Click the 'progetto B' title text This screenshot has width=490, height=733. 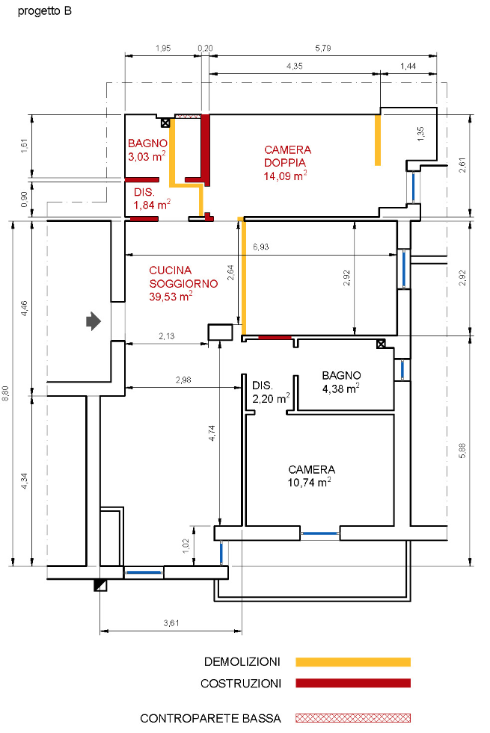click(x=45, y=12)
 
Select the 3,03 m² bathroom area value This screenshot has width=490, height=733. click(x=147, y=157)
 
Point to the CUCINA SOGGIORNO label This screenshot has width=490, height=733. click(x=183, y=277)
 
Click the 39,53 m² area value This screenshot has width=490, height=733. click(x=171, y=296)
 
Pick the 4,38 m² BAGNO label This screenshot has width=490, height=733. click(x=341, y=375)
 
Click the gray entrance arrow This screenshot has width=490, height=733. click(x=93, y=321)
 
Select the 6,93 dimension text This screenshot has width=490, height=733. click(x=261, y=247)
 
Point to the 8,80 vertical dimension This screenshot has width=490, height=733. click(x=7, y=393)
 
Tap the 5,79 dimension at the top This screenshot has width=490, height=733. click(x=322, y=49)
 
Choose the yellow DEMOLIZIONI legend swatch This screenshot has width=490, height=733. click(x=353, y=662)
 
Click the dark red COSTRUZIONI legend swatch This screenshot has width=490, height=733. click(x=353, y=683)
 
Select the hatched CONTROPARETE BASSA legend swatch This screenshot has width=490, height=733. click(x=353, y=718)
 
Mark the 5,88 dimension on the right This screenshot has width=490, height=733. click(x=462, y=450)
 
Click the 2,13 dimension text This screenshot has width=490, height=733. click(x=167, y=337)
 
